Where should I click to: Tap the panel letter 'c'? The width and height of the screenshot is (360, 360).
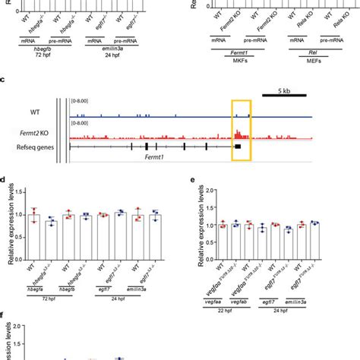(5, 78)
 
